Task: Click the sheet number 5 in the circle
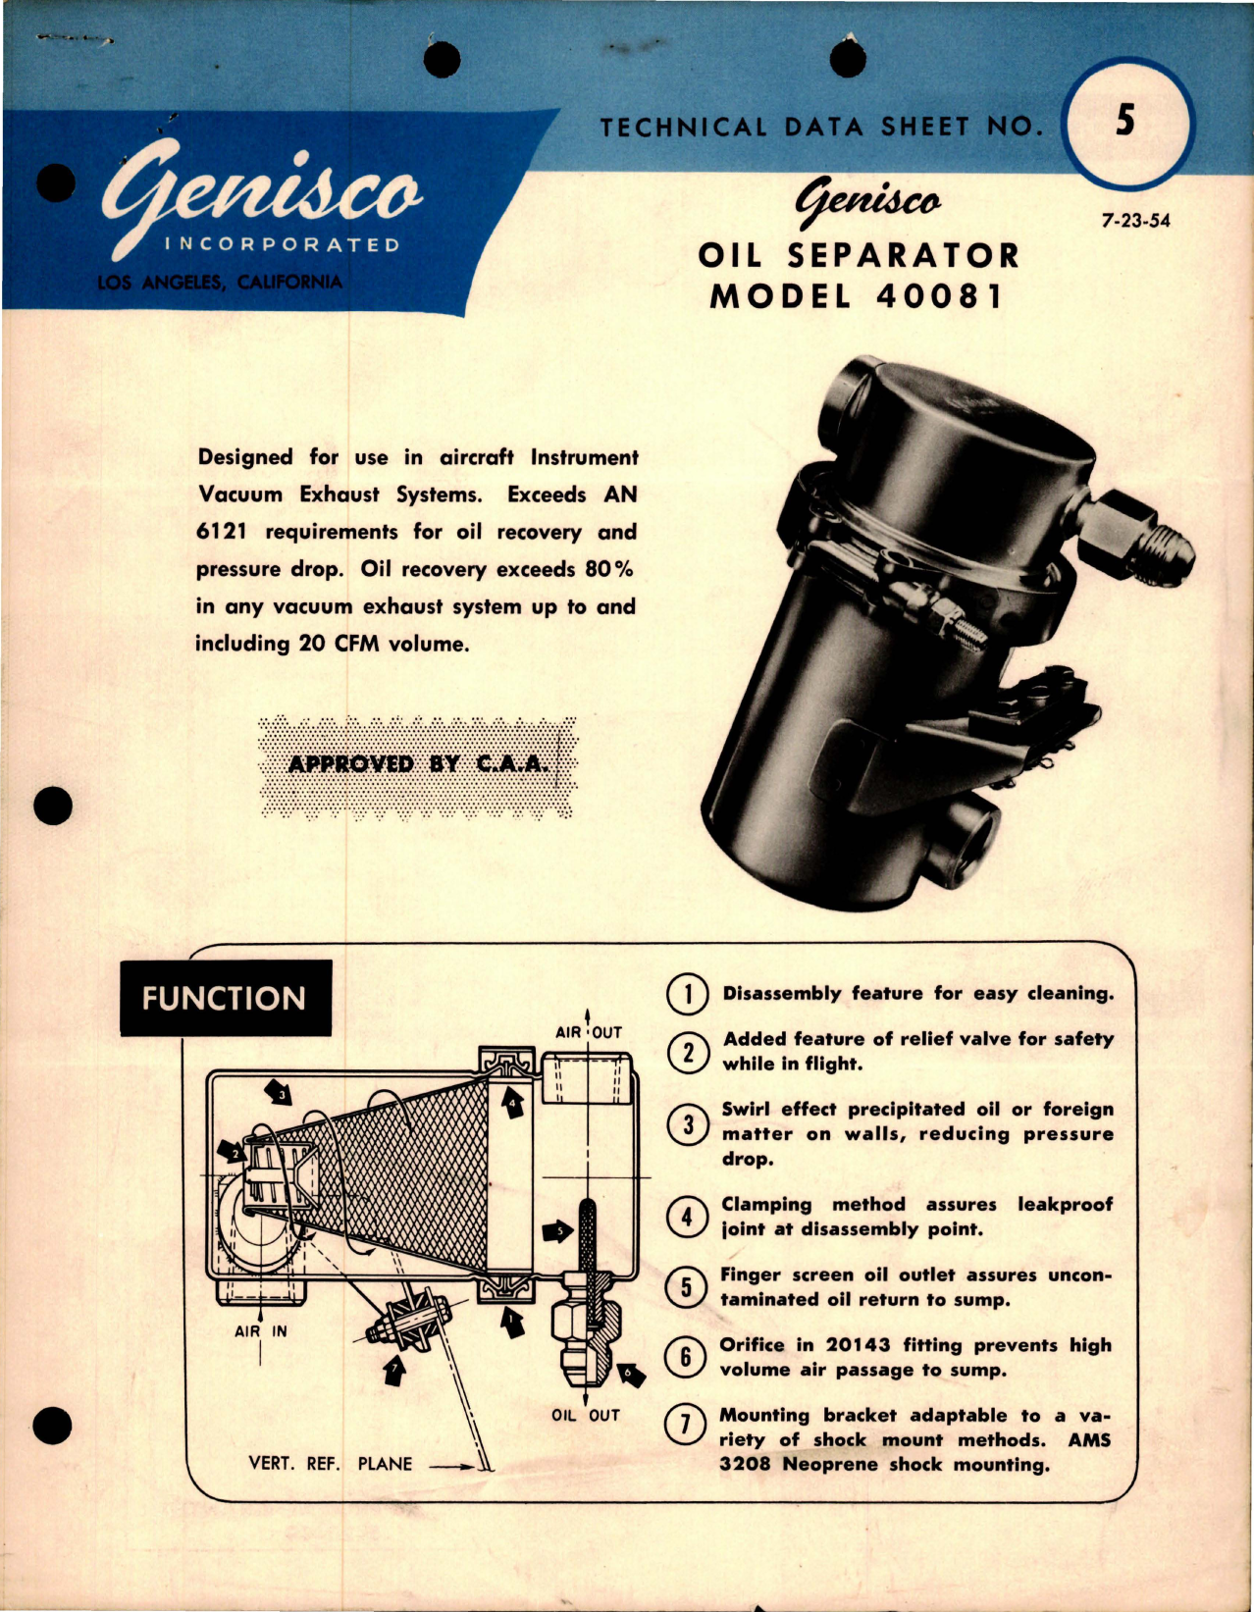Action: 1125,121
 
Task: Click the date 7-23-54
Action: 1135,221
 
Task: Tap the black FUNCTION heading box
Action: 225,998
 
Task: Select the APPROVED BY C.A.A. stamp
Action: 417,764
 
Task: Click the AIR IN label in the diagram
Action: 260,1331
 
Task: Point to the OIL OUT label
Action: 585,1415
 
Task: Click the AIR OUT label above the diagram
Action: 588,1032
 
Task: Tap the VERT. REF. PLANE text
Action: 330,1464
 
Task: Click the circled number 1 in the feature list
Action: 688,994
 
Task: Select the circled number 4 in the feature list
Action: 687,1217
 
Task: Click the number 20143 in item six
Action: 858,1345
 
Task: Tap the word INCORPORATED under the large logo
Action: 282,244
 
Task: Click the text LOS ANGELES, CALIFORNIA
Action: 220,283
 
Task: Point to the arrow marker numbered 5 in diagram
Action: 557,1231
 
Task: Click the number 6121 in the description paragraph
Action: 222,532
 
